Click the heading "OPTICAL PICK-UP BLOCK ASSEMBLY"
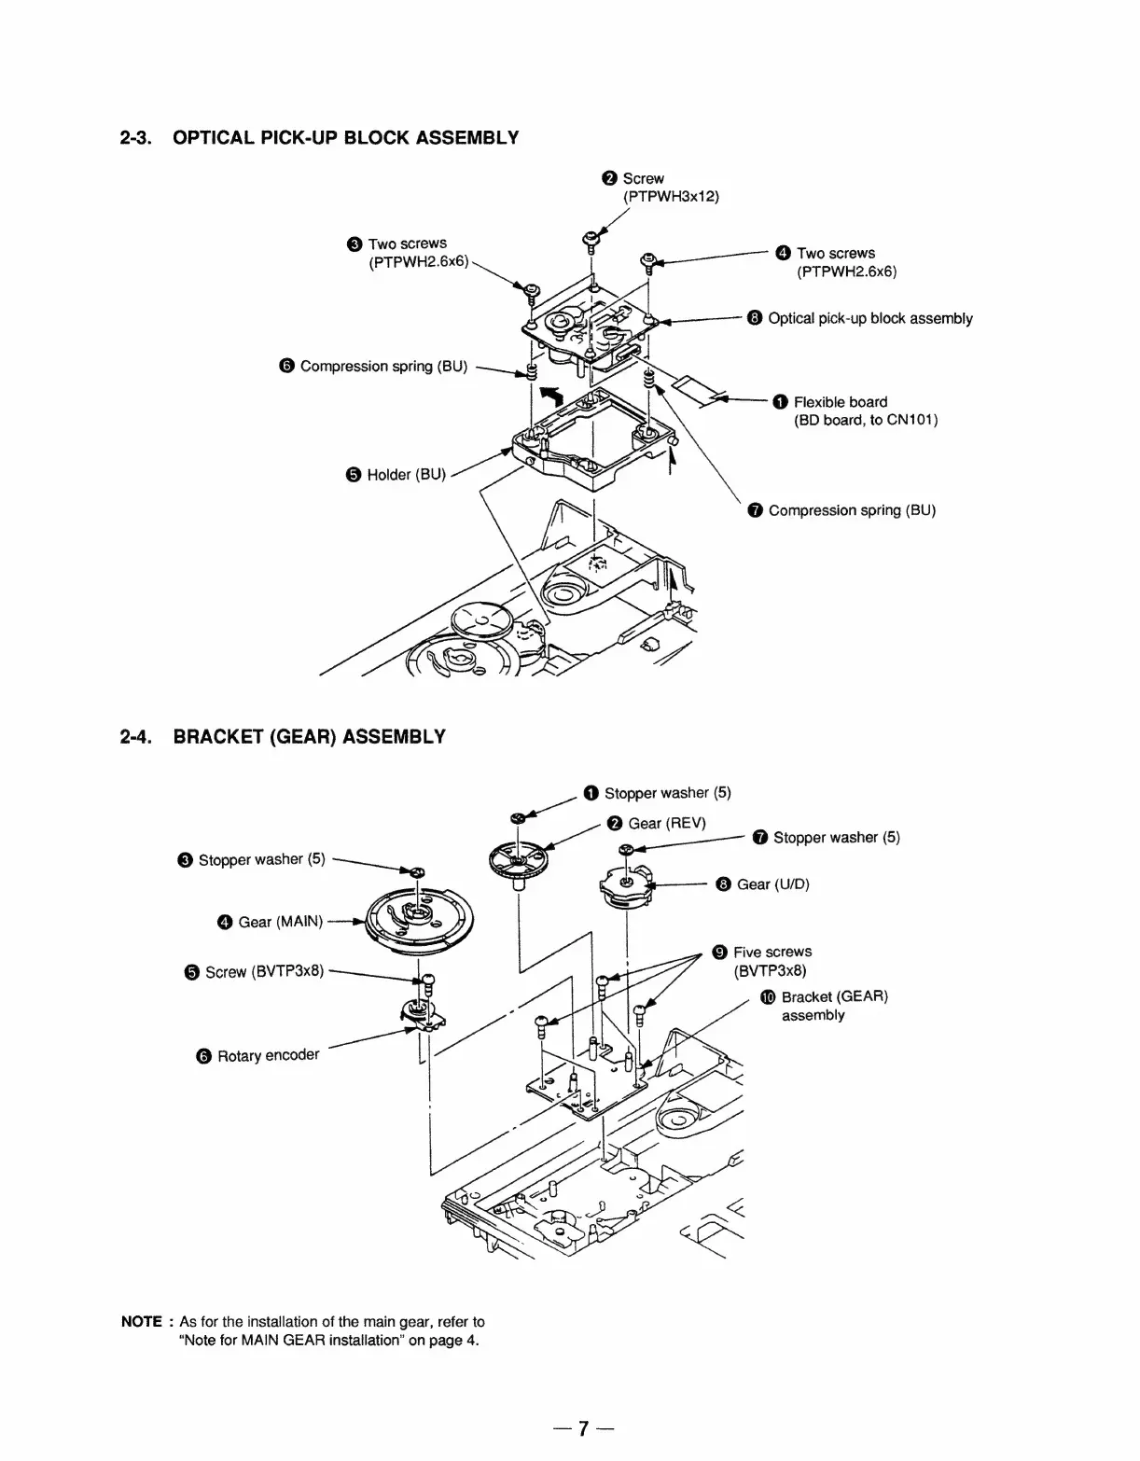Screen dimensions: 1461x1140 [345, 138]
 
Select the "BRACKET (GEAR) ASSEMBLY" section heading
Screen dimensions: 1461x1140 [309, 737]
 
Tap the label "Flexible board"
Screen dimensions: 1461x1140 [840, 402]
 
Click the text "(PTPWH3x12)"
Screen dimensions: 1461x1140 [671, 196]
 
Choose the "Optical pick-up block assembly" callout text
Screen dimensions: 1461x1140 [869, 319]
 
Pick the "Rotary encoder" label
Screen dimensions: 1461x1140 [268, 1055]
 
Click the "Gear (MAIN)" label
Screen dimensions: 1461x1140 [280, 922]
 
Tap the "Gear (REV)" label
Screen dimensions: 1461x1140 [666, 823]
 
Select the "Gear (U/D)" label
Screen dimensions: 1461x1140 [772, 884]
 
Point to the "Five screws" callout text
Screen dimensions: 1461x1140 [772, 952]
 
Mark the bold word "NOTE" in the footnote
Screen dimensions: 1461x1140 [142, 1322]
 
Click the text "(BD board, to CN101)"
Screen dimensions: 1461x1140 [865, 420]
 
